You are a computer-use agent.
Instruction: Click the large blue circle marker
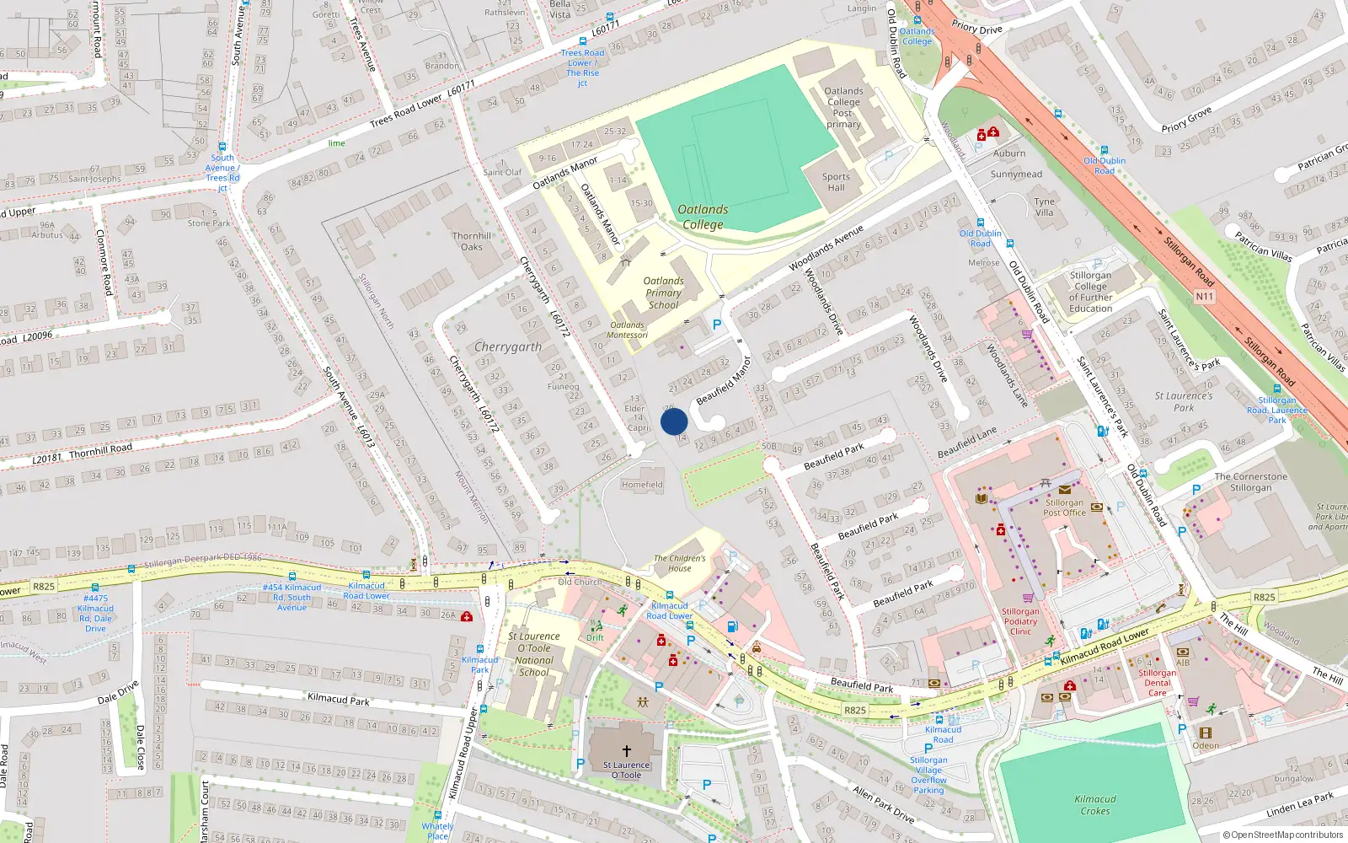point(674,421)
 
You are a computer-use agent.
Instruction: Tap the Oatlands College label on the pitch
point(703,217)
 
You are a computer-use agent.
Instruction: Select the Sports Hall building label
point(836,182)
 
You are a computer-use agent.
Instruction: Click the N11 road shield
point(1205,297)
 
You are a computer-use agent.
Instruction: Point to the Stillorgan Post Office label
point(1064,507)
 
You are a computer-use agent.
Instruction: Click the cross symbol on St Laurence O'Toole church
point(626,750)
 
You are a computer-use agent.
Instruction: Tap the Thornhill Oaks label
point(472,241)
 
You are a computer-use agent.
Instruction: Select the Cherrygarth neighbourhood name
point(507,346)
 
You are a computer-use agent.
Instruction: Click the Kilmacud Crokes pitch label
point(1095,804)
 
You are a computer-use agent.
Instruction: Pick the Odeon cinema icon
point(1205,733)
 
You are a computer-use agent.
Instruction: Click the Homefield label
point(642,485)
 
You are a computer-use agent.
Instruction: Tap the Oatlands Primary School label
point(663,293)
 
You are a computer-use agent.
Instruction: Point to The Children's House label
point(679,563)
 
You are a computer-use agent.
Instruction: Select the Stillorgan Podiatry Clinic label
point(1020,621)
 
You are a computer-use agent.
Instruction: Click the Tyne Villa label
point(1044,207)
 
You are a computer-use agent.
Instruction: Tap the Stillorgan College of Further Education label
point(1090,292)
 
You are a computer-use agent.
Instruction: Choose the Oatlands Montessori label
point(628,330)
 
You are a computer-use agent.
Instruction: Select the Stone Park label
point(209,223)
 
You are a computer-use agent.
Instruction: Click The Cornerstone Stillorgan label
point(1250,482)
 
